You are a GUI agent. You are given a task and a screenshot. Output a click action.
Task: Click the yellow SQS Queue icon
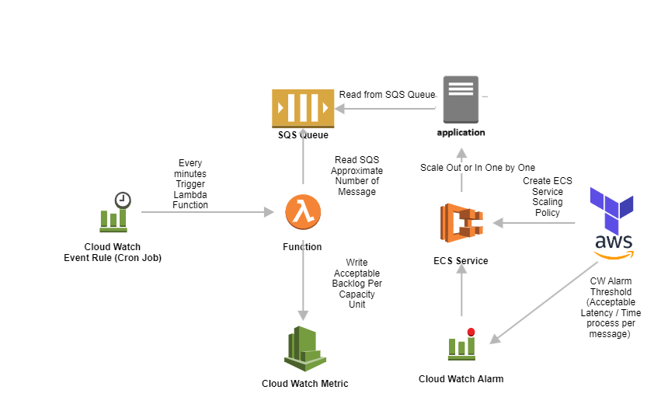click(302, 108)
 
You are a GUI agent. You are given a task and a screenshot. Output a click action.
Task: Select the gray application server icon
click(461, 99)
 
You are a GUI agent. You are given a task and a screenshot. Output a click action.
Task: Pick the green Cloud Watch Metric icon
click(304, 347)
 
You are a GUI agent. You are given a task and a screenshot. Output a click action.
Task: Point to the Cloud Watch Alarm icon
click(461, 344)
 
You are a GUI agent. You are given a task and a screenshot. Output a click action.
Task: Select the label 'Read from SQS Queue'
click(387, 95)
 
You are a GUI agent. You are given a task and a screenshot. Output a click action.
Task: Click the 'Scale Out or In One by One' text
click(478, 167)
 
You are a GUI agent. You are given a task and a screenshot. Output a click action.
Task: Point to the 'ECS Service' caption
click(461, 260)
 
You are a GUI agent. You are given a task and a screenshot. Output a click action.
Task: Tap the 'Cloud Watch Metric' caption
click(304, 383)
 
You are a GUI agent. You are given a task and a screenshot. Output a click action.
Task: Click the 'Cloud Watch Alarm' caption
click(461, 378)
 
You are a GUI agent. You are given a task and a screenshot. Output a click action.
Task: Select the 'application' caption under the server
click(461, 133)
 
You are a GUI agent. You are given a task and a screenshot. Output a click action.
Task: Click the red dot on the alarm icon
click(471, 333)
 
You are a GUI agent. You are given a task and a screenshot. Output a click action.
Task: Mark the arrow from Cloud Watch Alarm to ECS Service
click(461, 291)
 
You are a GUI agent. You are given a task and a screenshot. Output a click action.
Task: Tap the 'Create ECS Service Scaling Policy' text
click(547, 197)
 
